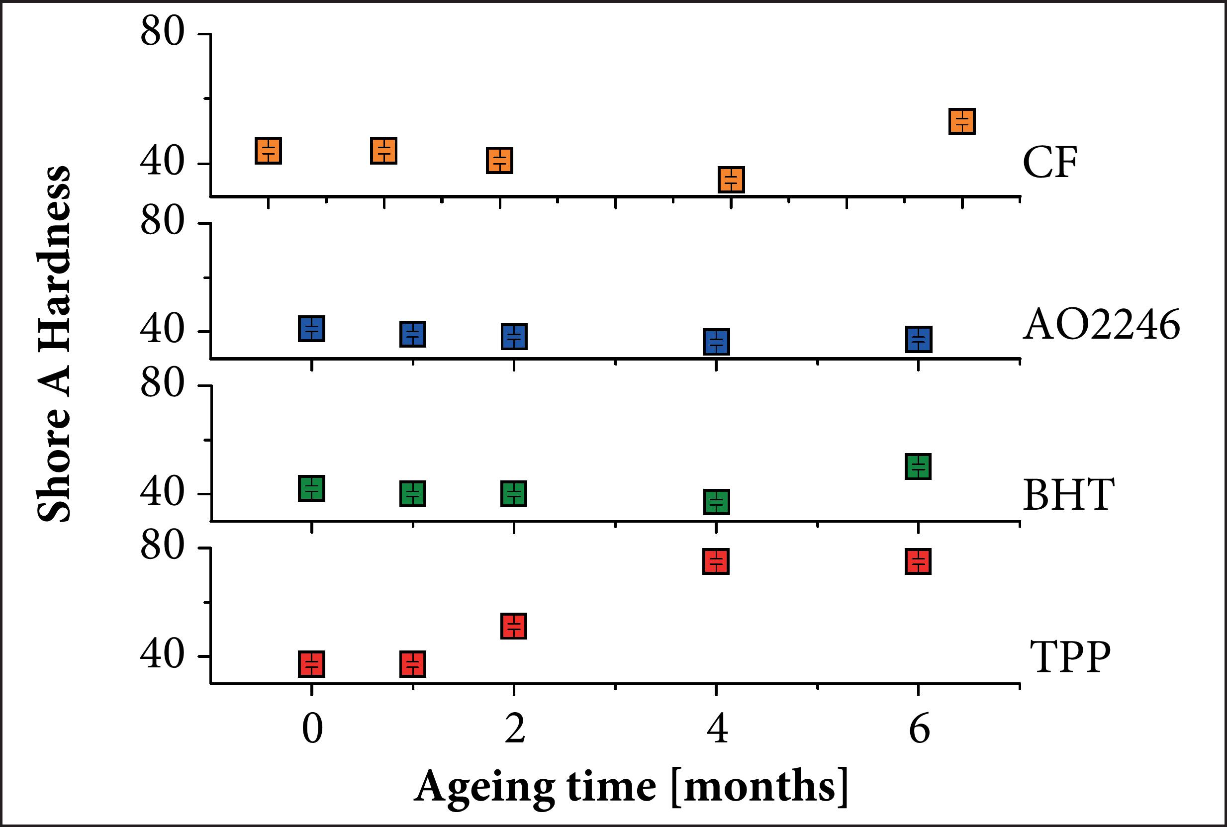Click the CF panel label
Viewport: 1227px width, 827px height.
[1049, 163]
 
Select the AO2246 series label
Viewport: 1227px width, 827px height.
[1101, 325]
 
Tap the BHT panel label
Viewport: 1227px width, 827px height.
[1069, 495]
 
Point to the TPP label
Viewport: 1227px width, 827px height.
[1070, 657]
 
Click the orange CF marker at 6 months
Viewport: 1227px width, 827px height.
[962, 121]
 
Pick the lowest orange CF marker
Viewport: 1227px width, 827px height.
[731, 180]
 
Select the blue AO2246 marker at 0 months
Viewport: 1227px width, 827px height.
[311, 329]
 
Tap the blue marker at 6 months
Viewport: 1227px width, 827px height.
[919, 339]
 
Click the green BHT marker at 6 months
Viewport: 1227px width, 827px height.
[918, 465]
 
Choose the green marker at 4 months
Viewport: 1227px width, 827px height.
[716, 501]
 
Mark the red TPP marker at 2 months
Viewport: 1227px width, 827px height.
[513, 626]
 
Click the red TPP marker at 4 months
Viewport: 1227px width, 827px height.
[716, 561]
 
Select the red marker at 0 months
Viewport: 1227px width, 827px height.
[311, 664]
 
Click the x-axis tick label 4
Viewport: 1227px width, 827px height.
[717, 731]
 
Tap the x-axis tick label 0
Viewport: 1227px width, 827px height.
[312, 731]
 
